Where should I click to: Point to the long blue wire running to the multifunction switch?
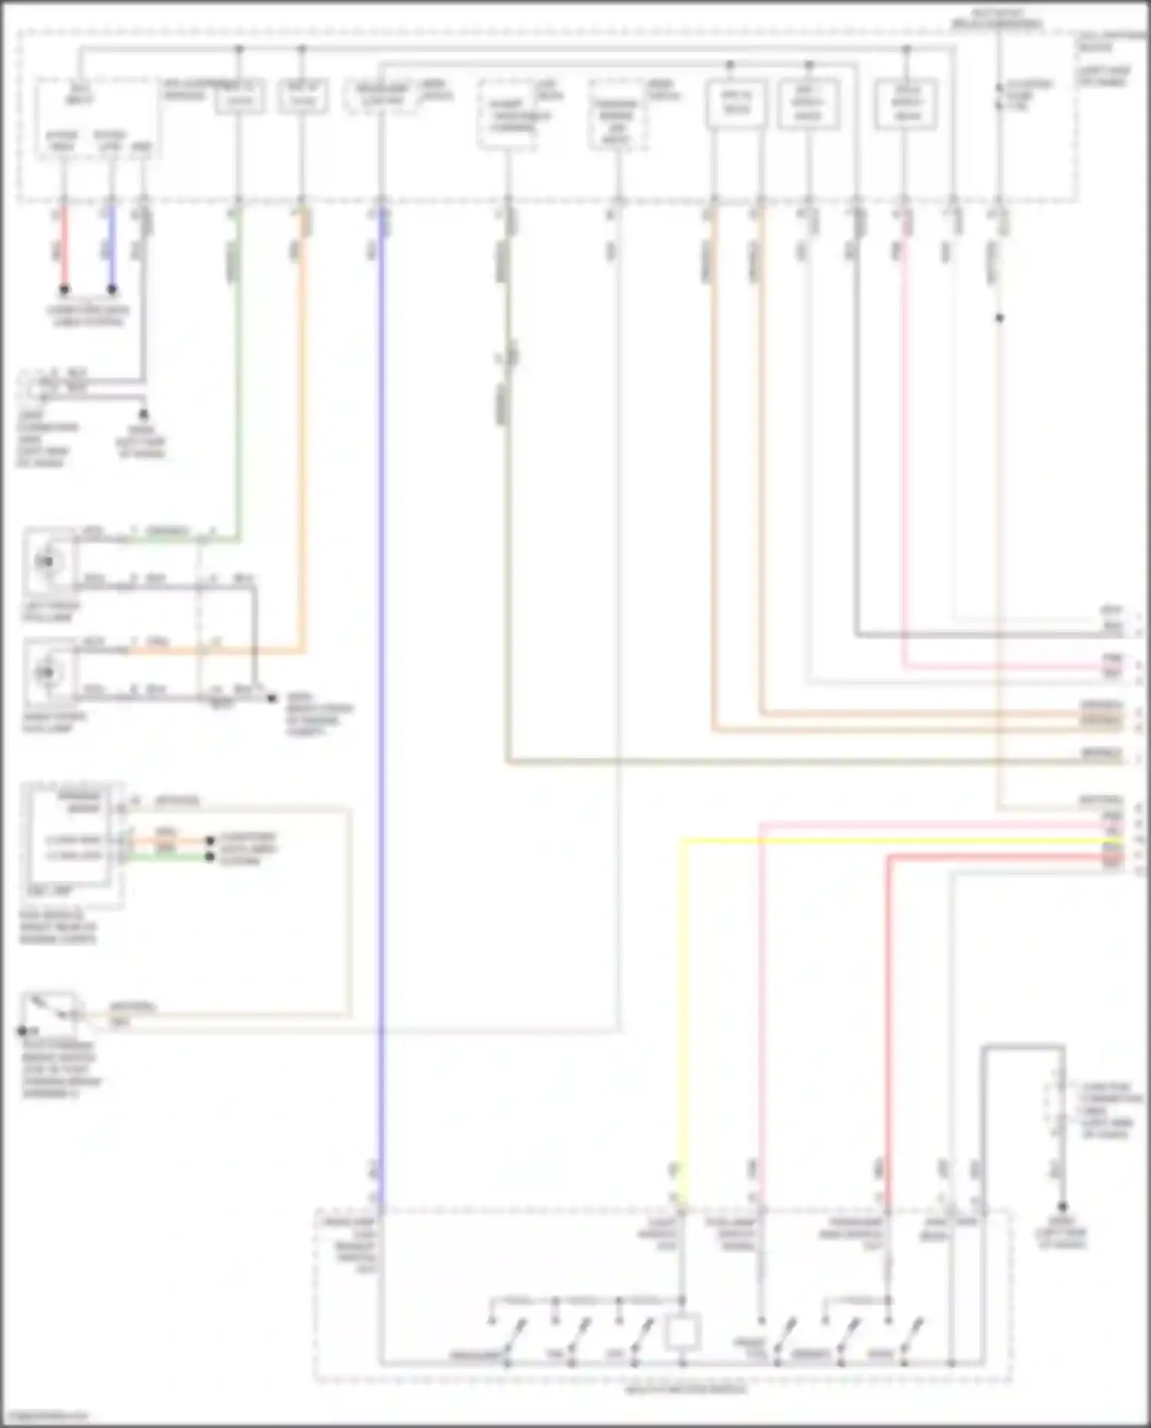(x=381, y=691)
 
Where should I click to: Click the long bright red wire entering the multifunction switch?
(x=888, y=1036)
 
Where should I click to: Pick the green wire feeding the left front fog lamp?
(x=238, y=384)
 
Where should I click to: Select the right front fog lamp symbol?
(x=47, y=673)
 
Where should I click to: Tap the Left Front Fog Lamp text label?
(x=51, y=612)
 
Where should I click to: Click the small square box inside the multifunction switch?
(x=681, y=1333)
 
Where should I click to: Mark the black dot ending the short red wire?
(x=64, y=290)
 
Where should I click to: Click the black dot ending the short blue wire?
(x=112, y=290)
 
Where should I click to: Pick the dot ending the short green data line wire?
(x=209, y=856)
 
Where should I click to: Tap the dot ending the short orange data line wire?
(x=209, y=841)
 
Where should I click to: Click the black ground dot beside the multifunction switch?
(x=1063, y=1207)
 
